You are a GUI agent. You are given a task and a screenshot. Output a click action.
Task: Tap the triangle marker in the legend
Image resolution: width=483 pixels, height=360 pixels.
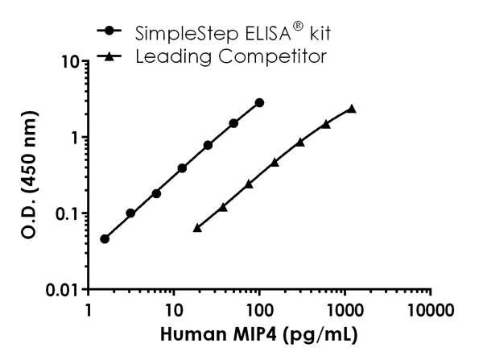pos(108,56)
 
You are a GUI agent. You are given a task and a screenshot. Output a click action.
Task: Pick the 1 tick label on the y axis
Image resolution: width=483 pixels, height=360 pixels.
pos(71,138)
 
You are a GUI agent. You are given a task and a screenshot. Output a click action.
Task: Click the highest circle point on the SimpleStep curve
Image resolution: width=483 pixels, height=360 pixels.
pos(259,103)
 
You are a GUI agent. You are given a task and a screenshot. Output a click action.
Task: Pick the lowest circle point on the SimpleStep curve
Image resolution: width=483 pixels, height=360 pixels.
pos(105,238)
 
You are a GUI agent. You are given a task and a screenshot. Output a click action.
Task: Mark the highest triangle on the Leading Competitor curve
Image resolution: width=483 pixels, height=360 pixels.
pos(352,109)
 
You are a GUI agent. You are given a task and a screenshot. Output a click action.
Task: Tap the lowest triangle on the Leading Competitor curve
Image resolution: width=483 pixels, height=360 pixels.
pos(197,228)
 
